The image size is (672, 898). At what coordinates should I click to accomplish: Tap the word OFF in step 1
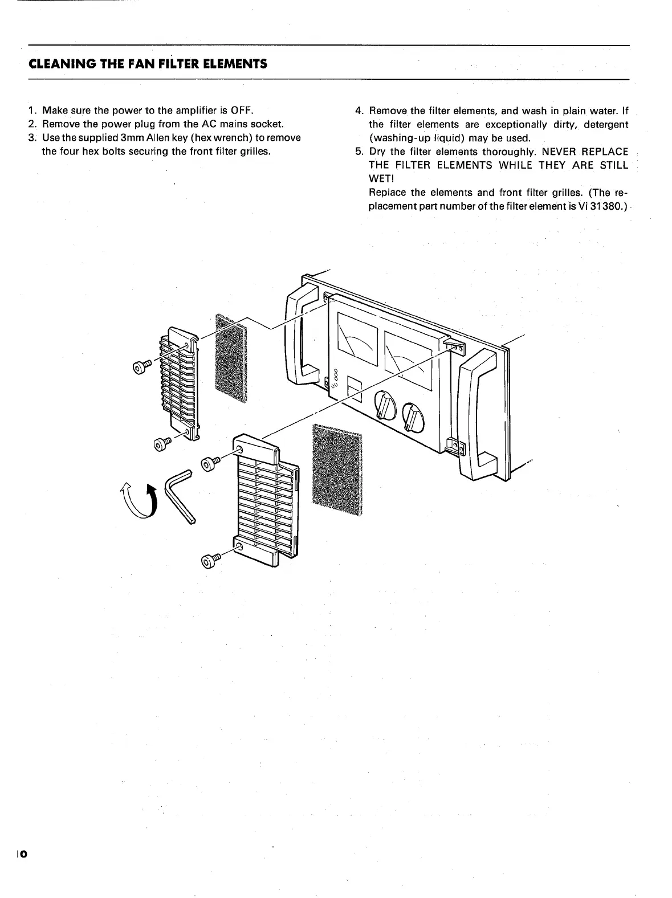(242, 110)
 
